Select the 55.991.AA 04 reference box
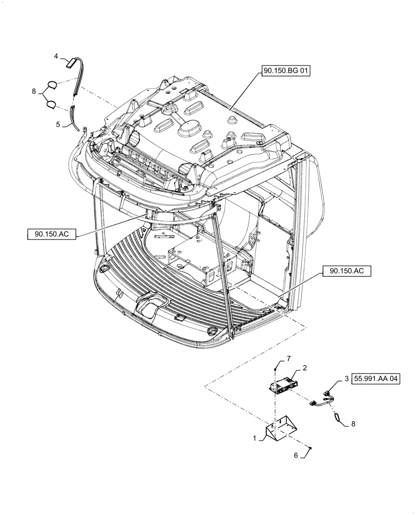click(x=376, y=379)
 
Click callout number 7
click(x=289, y=358)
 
